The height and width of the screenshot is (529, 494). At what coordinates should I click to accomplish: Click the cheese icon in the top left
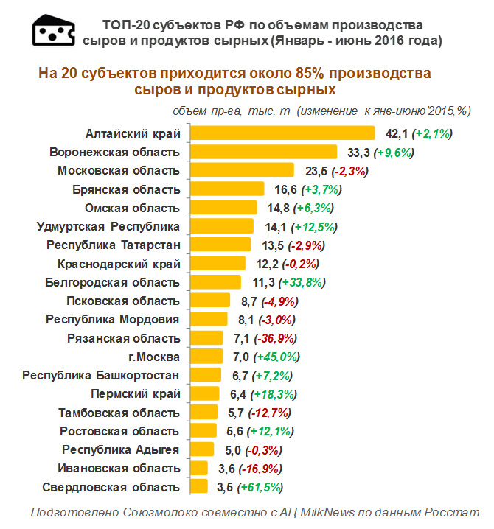pyautogui.click(x=53, y=29)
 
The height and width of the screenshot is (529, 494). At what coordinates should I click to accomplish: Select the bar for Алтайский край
pyautogui.click(x=282, y=133)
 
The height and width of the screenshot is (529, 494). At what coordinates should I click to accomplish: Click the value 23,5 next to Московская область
pyautogui.click(x=316, y=171)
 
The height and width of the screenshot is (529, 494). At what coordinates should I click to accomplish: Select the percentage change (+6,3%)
pyautogui.click(x=314, y=208)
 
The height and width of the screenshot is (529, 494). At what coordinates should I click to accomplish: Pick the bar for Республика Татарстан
pyautogui.click(x=220, y=245)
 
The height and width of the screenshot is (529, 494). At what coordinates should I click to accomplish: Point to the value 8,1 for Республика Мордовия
pyautogui.click(x=246, y=320)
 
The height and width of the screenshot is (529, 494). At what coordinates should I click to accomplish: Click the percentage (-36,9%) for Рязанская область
pyautogui.click(x=274, y=338)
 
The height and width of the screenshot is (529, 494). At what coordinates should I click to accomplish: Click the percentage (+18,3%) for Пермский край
pyautogui.click(x=274, y=394)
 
